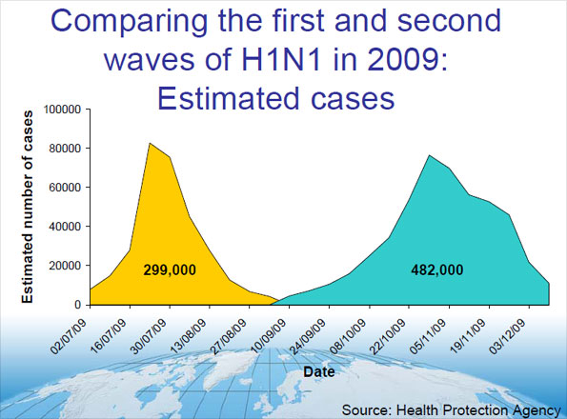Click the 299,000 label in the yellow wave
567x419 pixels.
coord(169,270)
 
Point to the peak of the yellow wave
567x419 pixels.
coord(150,143)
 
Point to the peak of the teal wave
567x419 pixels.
coord(429,155)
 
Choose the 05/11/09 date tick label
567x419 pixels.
coord(430,330)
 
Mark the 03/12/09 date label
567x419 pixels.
coord(510,330)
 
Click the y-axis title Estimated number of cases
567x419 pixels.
coord(28,207)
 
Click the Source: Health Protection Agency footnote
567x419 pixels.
coord(450,409)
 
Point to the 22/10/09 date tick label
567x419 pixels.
coord(391,330)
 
